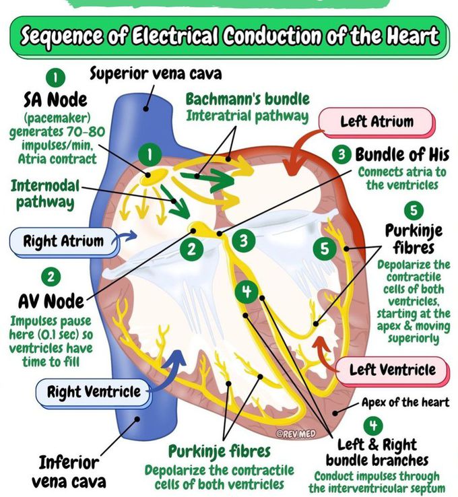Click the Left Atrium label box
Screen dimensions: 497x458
377,122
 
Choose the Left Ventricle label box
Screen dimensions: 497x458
392,370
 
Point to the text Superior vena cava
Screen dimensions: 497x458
156,73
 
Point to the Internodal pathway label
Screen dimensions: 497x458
44,193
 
